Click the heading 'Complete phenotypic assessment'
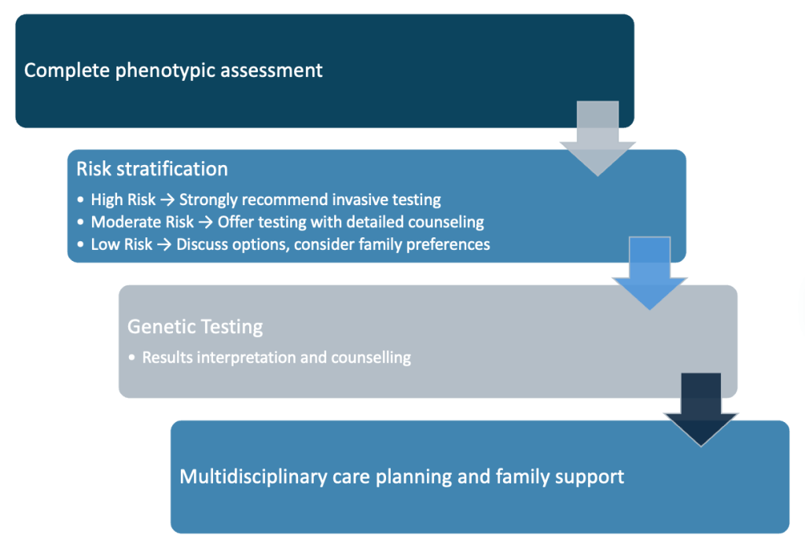[x=173, y=70]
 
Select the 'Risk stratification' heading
[x=152, y=169]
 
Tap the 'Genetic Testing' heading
[x=195, y=326]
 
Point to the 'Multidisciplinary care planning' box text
[x=402, y=476]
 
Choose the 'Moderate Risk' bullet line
[x=287, y=222]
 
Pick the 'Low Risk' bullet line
[x=290, y=244]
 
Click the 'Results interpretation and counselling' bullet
[x=276, y=358]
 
